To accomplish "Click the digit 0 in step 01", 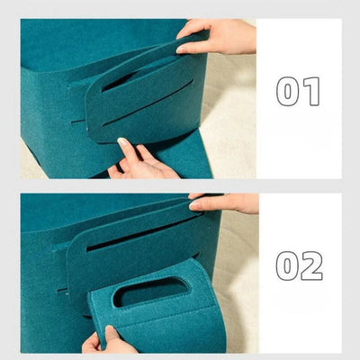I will click(x=288, y=91).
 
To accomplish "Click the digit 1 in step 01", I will click(x=310, y=91).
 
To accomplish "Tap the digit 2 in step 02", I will click(x=311, y=265).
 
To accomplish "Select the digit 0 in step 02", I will click(x=288, y=265).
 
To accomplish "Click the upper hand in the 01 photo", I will click(x=220, y=36).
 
